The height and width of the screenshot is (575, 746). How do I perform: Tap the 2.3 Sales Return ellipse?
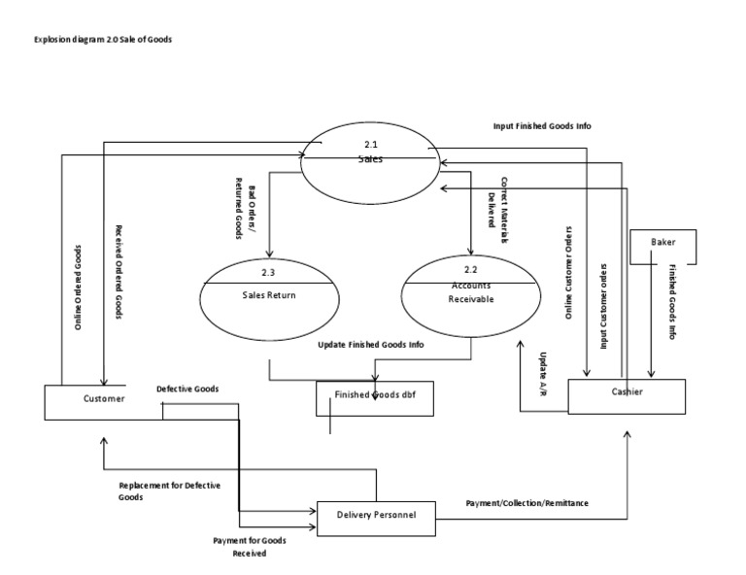268,296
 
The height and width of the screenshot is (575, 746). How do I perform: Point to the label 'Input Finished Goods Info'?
542,126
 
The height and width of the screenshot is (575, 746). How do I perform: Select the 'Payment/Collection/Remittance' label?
526,503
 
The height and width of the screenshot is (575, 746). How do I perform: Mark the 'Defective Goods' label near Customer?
187,389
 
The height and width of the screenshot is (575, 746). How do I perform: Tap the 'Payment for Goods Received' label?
249,546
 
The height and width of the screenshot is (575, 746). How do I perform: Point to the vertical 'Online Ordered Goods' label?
78,288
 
